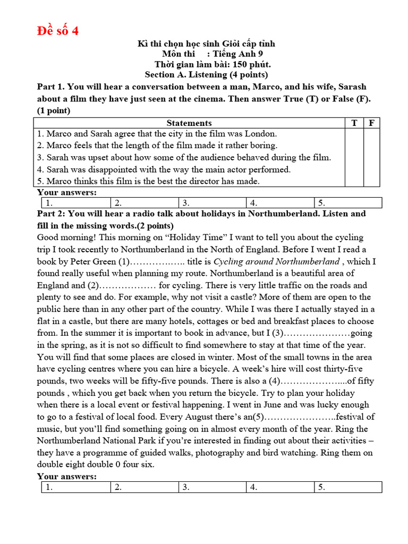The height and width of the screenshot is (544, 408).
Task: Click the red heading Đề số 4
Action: point(58,31)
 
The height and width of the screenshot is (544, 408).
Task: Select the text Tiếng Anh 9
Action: point(237,54)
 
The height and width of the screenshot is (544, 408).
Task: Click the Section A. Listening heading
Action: point(206,75)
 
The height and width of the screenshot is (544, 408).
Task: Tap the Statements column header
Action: point(189,123)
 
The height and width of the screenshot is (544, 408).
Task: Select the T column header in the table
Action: point(354,123)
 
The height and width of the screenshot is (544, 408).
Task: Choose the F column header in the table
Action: point(372,123)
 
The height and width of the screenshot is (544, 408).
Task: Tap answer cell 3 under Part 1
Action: point(212,202)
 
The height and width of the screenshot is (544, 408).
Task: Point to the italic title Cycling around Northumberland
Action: point(276,261)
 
